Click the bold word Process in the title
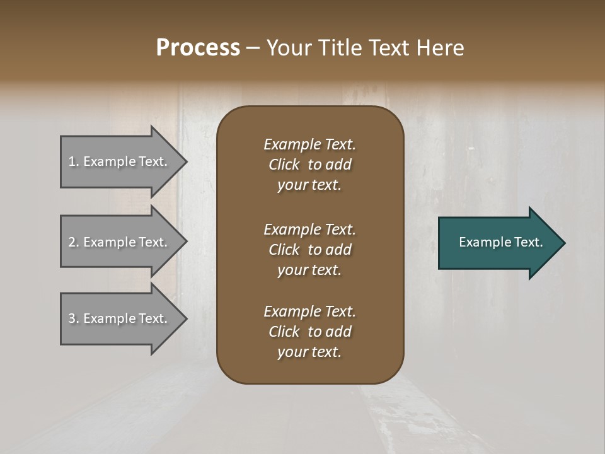pos(198,48)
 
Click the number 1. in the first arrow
pos(73,162)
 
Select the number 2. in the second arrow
pos(73,243)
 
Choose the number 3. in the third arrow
pos(73,319)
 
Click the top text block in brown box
pos(309,165)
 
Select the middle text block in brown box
pos(309,250)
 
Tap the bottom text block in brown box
pos(309,332)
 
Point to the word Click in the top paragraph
pos(284,165)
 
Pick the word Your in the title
pos(287,48)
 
